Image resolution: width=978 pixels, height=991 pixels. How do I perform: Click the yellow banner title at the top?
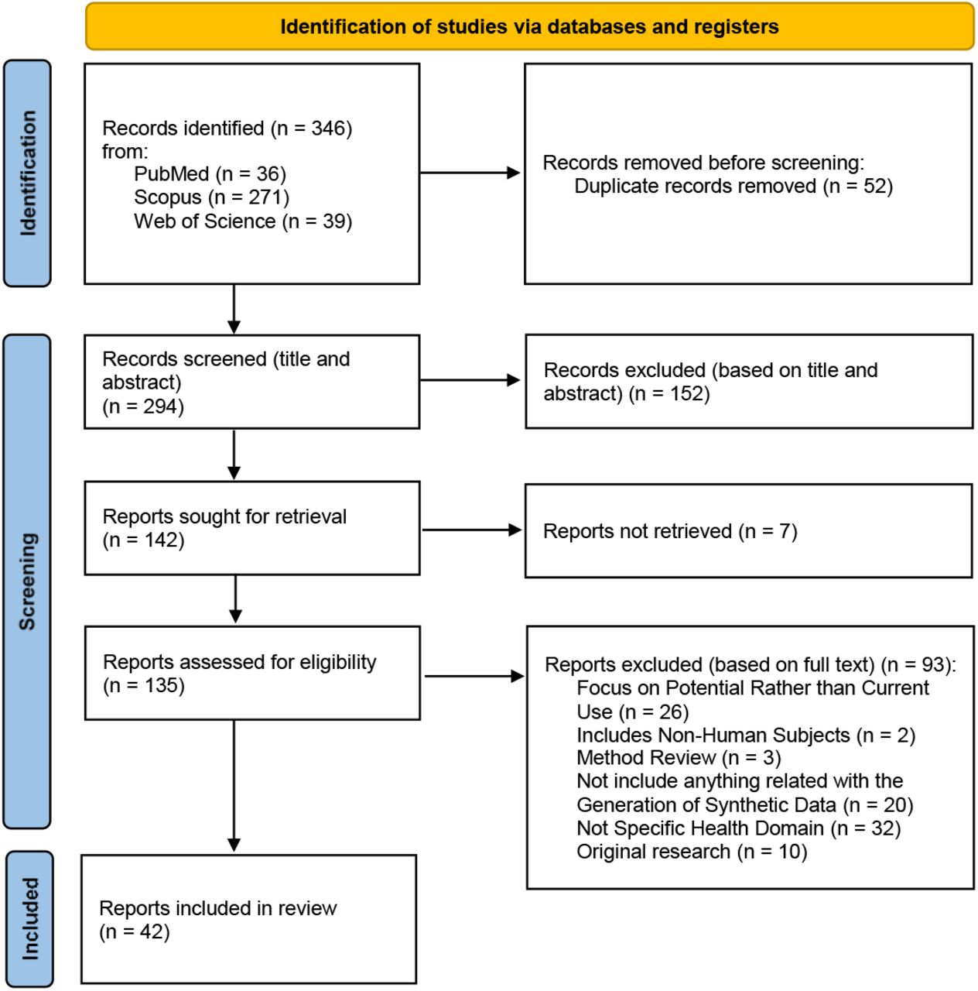coord(529,27)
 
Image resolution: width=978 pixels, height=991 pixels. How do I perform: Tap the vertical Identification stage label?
coord(28,173)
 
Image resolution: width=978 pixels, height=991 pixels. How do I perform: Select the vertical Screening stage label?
coord(28,581)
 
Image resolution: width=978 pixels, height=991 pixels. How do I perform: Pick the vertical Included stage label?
coord(30,919)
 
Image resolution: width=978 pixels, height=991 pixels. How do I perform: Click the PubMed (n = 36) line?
coord(210,174)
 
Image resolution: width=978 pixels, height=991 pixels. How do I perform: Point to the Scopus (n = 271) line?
coord(211,197)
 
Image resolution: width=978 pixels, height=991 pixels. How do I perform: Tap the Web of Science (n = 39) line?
coord(243,221)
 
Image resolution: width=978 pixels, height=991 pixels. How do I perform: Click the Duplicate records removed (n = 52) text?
coord(733,186)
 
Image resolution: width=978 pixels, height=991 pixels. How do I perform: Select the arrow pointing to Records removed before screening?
coord(470,173)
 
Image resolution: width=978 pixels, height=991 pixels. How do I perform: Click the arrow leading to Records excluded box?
coord(470,380)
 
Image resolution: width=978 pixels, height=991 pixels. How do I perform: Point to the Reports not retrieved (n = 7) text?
coord(670,531)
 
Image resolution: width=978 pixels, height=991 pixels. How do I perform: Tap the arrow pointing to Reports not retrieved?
coord(471,530)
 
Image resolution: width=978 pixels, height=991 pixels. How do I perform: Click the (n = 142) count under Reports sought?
coord(143,540)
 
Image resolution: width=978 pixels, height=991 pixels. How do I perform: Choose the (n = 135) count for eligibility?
coord(143,685)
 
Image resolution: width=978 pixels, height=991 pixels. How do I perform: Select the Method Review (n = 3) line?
coord(679,757)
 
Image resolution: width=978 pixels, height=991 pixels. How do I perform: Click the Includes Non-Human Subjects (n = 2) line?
coord(746,735)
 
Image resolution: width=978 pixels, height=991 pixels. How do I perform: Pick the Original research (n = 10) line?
coord(692,852)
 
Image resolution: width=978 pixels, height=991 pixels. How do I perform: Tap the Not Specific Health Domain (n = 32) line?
coord(738,828)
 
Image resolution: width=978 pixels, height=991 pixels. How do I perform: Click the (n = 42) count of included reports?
coord(134,931)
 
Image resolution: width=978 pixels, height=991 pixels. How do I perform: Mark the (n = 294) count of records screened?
coord(143,406)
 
